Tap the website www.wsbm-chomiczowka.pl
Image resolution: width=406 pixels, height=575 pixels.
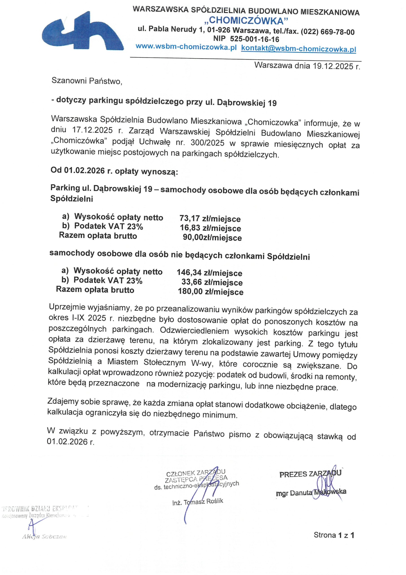point(186,47)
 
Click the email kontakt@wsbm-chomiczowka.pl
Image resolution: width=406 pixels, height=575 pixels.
point(298,49)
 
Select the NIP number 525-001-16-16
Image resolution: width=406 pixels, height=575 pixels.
point(254,39)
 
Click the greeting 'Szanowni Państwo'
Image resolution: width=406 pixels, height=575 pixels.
point(87,81)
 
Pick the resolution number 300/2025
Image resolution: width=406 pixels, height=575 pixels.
point(207,143)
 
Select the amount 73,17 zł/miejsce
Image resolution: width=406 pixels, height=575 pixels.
point(210,219)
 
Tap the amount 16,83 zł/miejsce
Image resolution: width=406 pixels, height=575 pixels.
point(210,228)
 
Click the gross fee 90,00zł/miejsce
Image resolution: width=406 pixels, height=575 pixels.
point(212,237)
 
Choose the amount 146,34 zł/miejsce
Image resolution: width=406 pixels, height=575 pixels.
point(209,273)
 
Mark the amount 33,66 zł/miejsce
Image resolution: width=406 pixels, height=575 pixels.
point(212,282)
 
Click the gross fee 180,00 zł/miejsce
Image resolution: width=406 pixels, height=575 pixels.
point(211,292)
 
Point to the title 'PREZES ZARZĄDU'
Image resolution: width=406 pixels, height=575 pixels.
point(310,474)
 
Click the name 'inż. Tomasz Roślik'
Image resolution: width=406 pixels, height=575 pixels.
point(198,502)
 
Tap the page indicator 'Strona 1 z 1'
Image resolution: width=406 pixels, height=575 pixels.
point(334,535)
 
